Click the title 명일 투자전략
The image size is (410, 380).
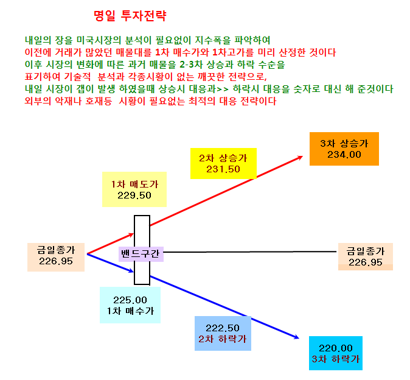[x=130, y=16]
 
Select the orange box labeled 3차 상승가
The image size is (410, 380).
[x=344, y=149]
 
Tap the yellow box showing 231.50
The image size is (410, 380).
[x=223, y=164]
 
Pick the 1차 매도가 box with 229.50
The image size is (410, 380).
[x=134, y=189]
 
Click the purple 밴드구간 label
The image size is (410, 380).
[x=141, y=254]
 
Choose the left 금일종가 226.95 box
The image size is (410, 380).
[x=56, y=257]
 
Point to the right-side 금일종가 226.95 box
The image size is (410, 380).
[x=366, y=256]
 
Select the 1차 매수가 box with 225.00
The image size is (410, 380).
[x=130, y=305]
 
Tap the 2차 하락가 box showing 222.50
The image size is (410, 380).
[x=223, y=334]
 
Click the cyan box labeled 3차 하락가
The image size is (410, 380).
[x=336, y=353]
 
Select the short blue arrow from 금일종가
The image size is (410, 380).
[x=110, y=263]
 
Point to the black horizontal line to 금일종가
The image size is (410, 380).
[x=250, y=252]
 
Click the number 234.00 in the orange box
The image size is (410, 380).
[x=344, y=155]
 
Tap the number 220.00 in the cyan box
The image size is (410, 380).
[x=336, y=348]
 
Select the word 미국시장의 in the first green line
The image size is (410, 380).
[x=99, y=40]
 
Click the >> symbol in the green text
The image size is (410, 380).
[x=223, y=90]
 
